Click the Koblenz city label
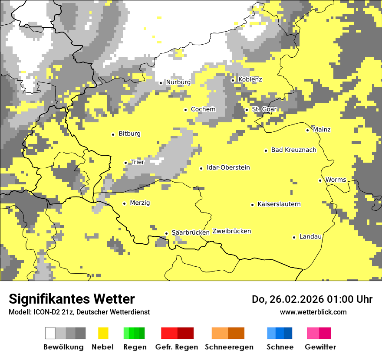tap(250, 80)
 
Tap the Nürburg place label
tap(178, 82)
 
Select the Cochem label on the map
tap(203, 109)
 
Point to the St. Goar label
tap(264, 109)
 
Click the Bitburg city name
tap(129, 134)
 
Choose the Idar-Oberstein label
tap(228, 168)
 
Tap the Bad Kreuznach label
tap(293, 150)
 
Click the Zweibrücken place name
tap(231, 231)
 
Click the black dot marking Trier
tap(125, 163)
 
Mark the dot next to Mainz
tap(307, 130)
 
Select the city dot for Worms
tap(320, 180)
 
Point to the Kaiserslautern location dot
tap(252, 205)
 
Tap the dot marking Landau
tap(294, 237)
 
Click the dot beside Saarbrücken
tap(166, 233)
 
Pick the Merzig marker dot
tap(124, 203)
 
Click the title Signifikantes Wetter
tap(72, 299)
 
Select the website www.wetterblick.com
tap(313, 312)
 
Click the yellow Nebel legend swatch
tap(103, 333)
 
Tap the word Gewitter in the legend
tap(320, 347)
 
